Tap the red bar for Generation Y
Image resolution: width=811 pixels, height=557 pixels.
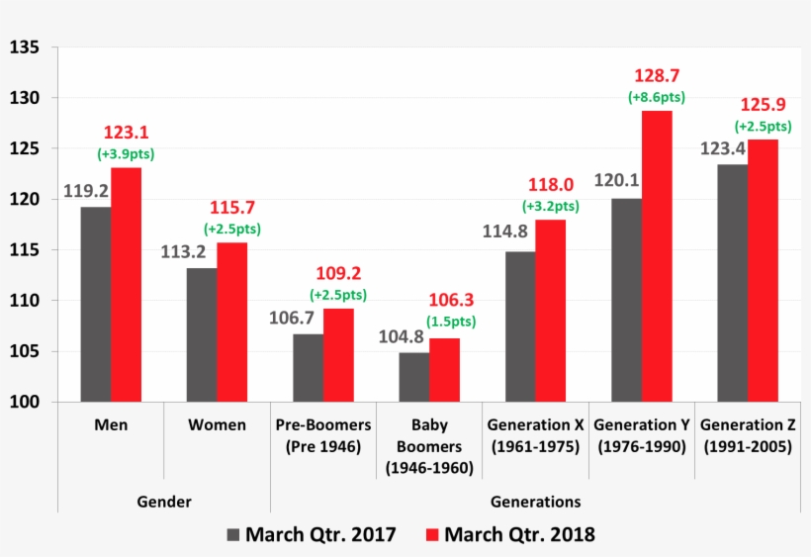(x=657, y=256)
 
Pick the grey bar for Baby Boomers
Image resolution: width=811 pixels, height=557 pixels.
(x=414, y=377)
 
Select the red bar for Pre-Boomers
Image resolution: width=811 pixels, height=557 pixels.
(x=338, y=355)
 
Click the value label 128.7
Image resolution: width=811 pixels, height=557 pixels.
(x=657, y=76)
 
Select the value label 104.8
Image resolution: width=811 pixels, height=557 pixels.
(x=402, y=336)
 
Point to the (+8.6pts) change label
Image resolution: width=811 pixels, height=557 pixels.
(x=657, y=97)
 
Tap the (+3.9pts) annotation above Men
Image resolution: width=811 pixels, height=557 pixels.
(x=126, y=154)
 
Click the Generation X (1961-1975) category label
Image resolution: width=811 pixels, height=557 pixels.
(x=535, y=435)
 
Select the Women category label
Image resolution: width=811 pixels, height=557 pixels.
(x=217, y=425)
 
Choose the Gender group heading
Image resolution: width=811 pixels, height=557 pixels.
(x=163, y=501)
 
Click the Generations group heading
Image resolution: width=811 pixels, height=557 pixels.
(x=535, y=501)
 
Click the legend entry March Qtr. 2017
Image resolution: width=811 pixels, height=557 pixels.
(x=311, y=535)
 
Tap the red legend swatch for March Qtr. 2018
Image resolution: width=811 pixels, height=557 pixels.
(x=431, y=535)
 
